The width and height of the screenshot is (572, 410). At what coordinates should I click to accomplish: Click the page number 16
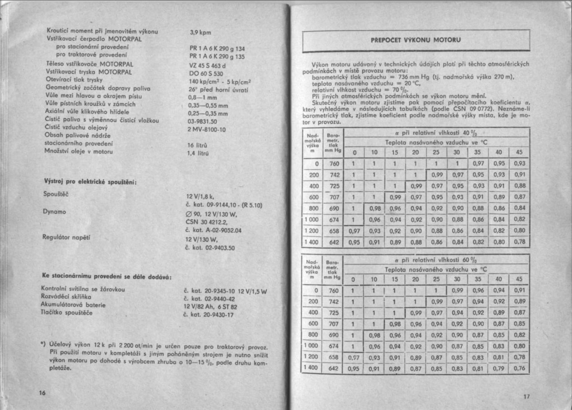point(42,393)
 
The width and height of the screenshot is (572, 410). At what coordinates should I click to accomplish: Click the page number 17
point(527,396)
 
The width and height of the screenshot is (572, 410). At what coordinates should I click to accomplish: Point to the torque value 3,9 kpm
point(200,32)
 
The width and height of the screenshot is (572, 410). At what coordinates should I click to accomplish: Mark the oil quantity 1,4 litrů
point(198,153)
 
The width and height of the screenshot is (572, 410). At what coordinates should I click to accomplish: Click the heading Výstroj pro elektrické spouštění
point(90,181)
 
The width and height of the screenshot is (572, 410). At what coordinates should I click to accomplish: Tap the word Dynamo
point(54,211)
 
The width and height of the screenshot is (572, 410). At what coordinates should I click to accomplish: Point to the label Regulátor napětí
point(66,237)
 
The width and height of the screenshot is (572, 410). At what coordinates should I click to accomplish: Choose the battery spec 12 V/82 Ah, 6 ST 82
point(210,307)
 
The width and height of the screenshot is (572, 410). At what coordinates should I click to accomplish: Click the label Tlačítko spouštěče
point(66,313)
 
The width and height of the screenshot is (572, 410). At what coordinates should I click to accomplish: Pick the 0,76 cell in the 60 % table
point(519,368)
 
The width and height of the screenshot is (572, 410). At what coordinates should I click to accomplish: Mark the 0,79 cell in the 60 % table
point(499,368)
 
